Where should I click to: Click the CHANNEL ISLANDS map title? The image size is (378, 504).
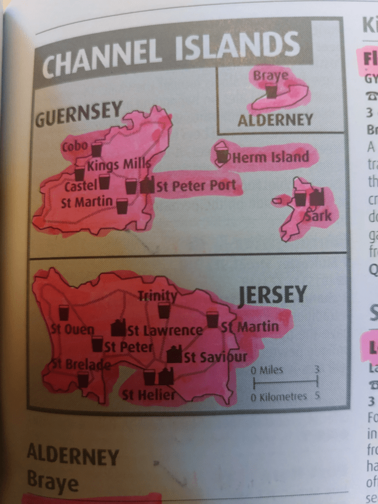pos(171,53)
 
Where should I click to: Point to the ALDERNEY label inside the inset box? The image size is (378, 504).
pos(274,120)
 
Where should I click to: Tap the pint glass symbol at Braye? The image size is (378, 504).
pos(272,91)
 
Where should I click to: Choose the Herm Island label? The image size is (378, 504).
pos(270,157)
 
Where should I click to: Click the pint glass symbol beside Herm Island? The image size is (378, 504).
pos(223,156)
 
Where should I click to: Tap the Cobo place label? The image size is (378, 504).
pos(75,147)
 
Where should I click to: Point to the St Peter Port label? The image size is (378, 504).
pos(196,185)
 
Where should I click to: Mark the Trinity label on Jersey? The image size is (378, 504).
pos(157,295)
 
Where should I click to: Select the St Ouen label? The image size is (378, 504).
pos(73,329)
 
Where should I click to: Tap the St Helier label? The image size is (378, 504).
pos(148,396)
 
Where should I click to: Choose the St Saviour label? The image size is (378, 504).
pos(215,357)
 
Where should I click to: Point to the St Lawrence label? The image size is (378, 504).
pos(165,330)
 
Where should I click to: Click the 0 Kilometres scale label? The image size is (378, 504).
pos(279,397)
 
